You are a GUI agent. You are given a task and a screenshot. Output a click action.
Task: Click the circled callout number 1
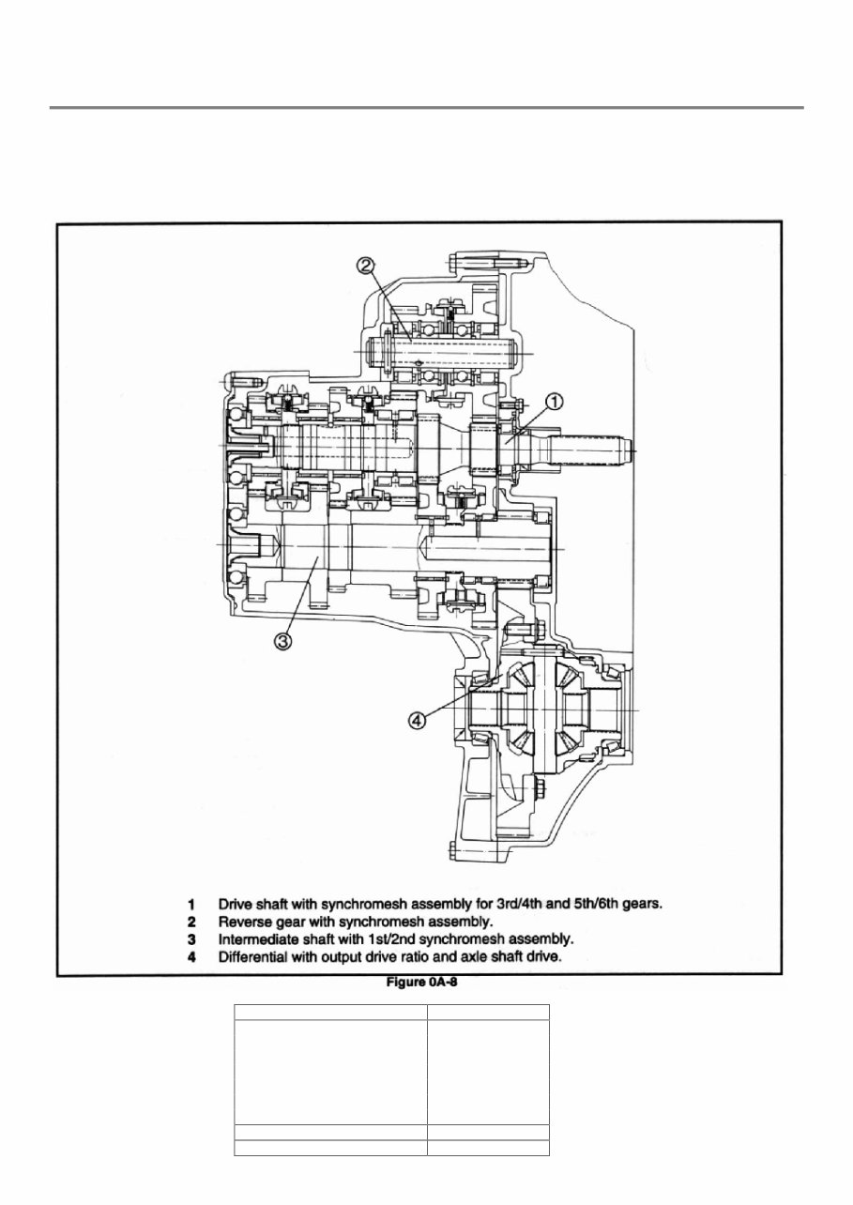point(554,402)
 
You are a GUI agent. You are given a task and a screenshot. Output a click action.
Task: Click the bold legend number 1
point(190,906)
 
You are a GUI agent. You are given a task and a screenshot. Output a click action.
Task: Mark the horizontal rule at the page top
point(426,108)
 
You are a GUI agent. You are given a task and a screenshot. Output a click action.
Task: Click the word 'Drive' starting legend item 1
point(236,906)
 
